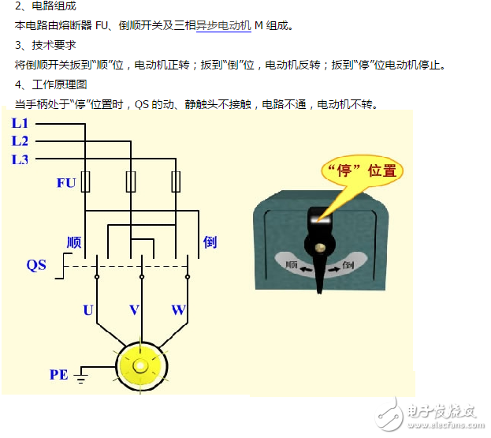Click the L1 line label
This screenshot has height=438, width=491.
coord(20,123)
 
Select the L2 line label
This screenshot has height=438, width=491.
coord(20,140)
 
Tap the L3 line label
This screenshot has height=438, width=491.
coord(20,159)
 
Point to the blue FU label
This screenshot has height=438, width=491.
coord(66,183)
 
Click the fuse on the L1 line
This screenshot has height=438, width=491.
coord(85,182)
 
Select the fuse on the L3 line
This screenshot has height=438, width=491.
coord(176,182)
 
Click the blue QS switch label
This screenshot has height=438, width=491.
coord(36,265)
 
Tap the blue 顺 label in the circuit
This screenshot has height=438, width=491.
coord(74,242)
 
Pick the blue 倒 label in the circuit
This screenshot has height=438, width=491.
coord(210,242)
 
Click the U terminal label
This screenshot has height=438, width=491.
coord(88,310)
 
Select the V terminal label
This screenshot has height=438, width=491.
coord(134,310)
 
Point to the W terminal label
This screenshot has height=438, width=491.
coord(178,310)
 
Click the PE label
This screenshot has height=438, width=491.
coord(59,375)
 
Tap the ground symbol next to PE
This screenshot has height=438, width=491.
coord(81,376)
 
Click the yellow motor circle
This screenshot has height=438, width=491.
coord(142,366)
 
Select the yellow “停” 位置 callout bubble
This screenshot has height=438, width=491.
coord(363,171)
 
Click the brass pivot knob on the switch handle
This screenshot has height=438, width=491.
coord(320,248)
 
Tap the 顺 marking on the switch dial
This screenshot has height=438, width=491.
coord(291,264)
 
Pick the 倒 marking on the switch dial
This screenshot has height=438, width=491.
coord(348,265)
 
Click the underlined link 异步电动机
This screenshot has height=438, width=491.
coord(224,25)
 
